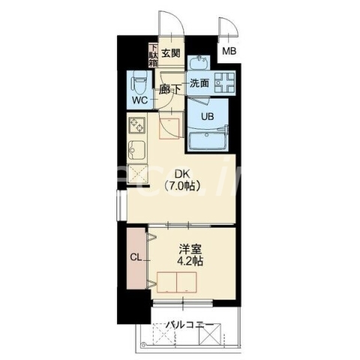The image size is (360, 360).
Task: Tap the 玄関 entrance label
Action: (x=170, y=53)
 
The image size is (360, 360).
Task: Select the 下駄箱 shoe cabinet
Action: (x=153, y=55)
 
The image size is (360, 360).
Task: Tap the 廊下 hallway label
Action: (x=170, y=88)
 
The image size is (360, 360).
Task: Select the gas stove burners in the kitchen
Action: (x=137, y=124)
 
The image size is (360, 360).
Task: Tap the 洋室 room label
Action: (x=188, y=248)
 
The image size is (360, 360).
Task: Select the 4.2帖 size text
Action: (x=188, y=262)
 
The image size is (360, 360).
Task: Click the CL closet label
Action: (x=136, y=259)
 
